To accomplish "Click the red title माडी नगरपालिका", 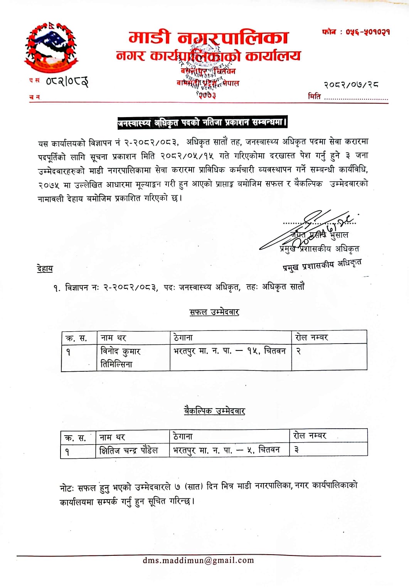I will point(208,38).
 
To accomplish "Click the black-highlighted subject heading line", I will point(202,123).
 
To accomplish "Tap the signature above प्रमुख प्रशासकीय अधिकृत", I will point(308,229).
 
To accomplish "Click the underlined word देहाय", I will point(45,268).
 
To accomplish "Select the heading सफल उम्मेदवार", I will point(214,312).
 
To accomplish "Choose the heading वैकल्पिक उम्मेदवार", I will point(214,411).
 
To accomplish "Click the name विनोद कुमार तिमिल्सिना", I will point(120,357).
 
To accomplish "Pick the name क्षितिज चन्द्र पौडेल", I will point(129,450).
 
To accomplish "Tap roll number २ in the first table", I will point(298,351).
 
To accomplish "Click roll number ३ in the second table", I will point(296,449).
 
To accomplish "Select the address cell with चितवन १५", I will point(230,351).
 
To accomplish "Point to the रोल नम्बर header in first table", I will point(311,337).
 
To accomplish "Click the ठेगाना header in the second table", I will point(183,436).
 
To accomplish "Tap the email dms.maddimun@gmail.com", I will point(198,560).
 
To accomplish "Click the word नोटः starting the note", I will point(67,488).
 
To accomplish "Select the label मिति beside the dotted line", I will point(314,97).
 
